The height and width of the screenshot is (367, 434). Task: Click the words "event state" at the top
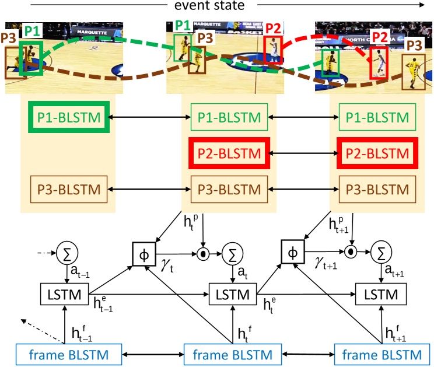click(x=216, y=7)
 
